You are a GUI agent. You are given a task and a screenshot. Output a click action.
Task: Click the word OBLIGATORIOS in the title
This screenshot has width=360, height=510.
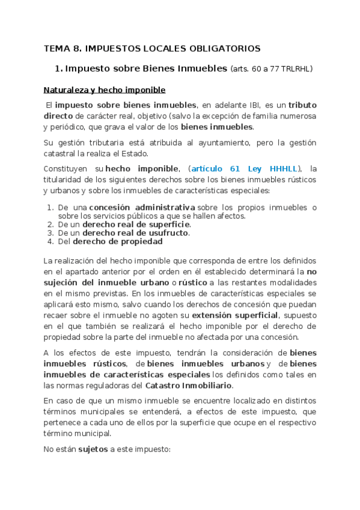(x=226, y=48)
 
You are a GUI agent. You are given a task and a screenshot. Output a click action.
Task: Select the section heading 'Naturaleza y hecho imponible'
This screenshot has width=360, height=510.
(x=104, y=90)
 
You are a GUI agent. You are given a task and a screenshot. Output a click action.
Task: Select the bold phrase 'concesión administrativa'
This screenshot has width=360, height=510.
(x=142, y=207)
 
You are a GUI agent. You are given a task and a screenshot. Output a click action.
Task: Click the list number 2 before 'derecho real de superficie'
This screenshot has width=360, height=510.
(x=50, y=224)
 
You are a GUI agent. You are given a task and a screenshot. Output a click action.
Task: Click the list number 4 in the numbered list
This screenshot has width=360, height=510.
(x=50, y=241)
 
